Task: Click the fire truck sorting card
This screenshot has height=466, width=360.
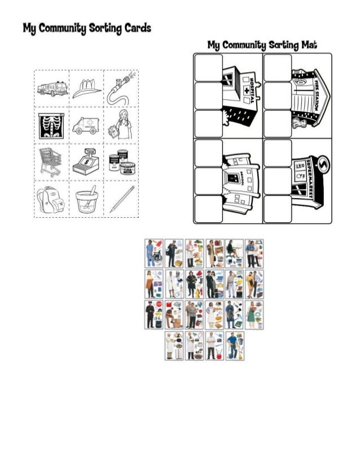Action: (x=52, y=88)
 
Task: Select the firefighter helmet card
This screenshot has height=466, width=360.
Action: (x=86, y=87)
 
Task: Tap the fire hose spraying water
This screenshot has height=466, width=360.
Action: (x=120, y=88)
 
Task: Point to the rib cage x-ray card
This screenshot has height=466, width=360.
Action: (x=52, y=124)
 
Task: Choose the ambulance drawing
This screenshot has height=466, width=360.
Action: (x=86, y=125)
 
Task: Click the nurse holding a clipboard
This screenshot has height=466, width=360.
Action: (x=120, y=124)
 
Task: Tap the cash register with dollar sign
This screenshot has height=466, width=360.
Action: (x=86, y=161)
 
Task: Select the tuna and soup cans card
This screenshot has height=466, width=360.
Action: (x=120, y=161)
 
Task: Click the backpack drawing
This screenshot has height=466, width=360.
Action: (x=52, y=198)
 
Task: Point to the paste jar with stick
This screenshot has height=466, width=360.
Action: (x=86, y=199)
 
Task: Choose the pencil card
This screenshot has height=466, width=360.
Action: (x=120, y=198)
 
